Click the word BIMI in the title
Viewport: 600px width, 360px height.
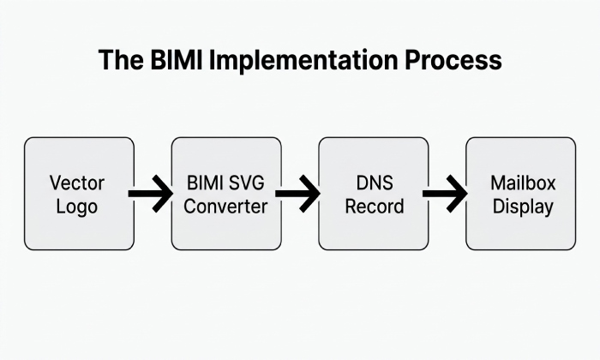coord(176,60)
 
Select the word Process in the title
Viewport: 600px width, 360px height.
coord(453,60)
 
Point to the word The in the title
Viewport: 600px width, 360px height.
coord(121,60)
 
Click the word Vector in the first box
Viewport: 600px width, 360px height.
coord(77,183)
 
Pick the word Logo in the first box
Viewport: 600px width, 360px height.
coord(77,207)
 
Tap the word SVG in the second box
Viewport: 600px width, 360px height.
coord(245,183)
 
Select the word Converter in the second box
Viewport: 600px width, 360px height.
coord(225,207)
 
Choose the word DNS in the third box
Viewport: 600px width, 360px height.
coord(375,183)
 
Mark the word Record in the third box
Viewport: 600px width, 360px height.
coord(375,207)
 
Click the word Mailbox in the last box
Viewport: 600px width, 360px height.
coord(523,183)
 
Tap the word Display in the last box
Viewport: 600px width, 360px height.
coord(523,207)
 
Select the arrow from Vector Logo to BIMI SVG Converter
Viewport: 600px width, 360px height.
coord(150,194)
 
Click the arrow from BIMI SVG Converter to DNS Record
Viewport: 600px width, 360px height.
coord(297,194)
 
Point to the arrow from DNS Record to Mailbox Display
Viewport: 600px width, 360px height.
coord(445,194)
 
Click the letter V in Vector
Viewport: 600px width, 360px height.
coord(57,183)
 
